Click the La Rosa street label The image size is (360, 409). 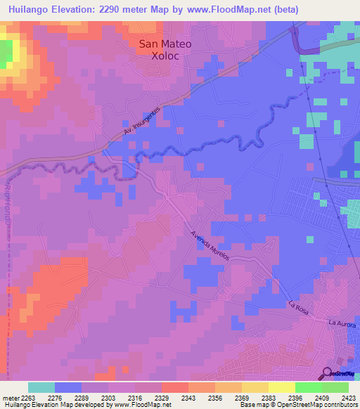[298, 306]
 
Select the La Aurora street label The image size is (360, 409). [342, 323]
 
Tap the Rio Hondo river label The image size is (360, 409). [8, 204]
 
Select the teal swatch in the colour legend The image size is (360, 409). [41, 387]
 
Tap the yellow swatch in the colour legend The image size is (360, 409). [282, 387]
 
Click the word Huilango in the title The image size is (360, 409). [28, 10]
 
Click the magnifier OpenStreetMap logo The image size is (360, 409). [328, 373]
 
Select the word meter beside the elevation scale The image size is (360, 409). [11, 398]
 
